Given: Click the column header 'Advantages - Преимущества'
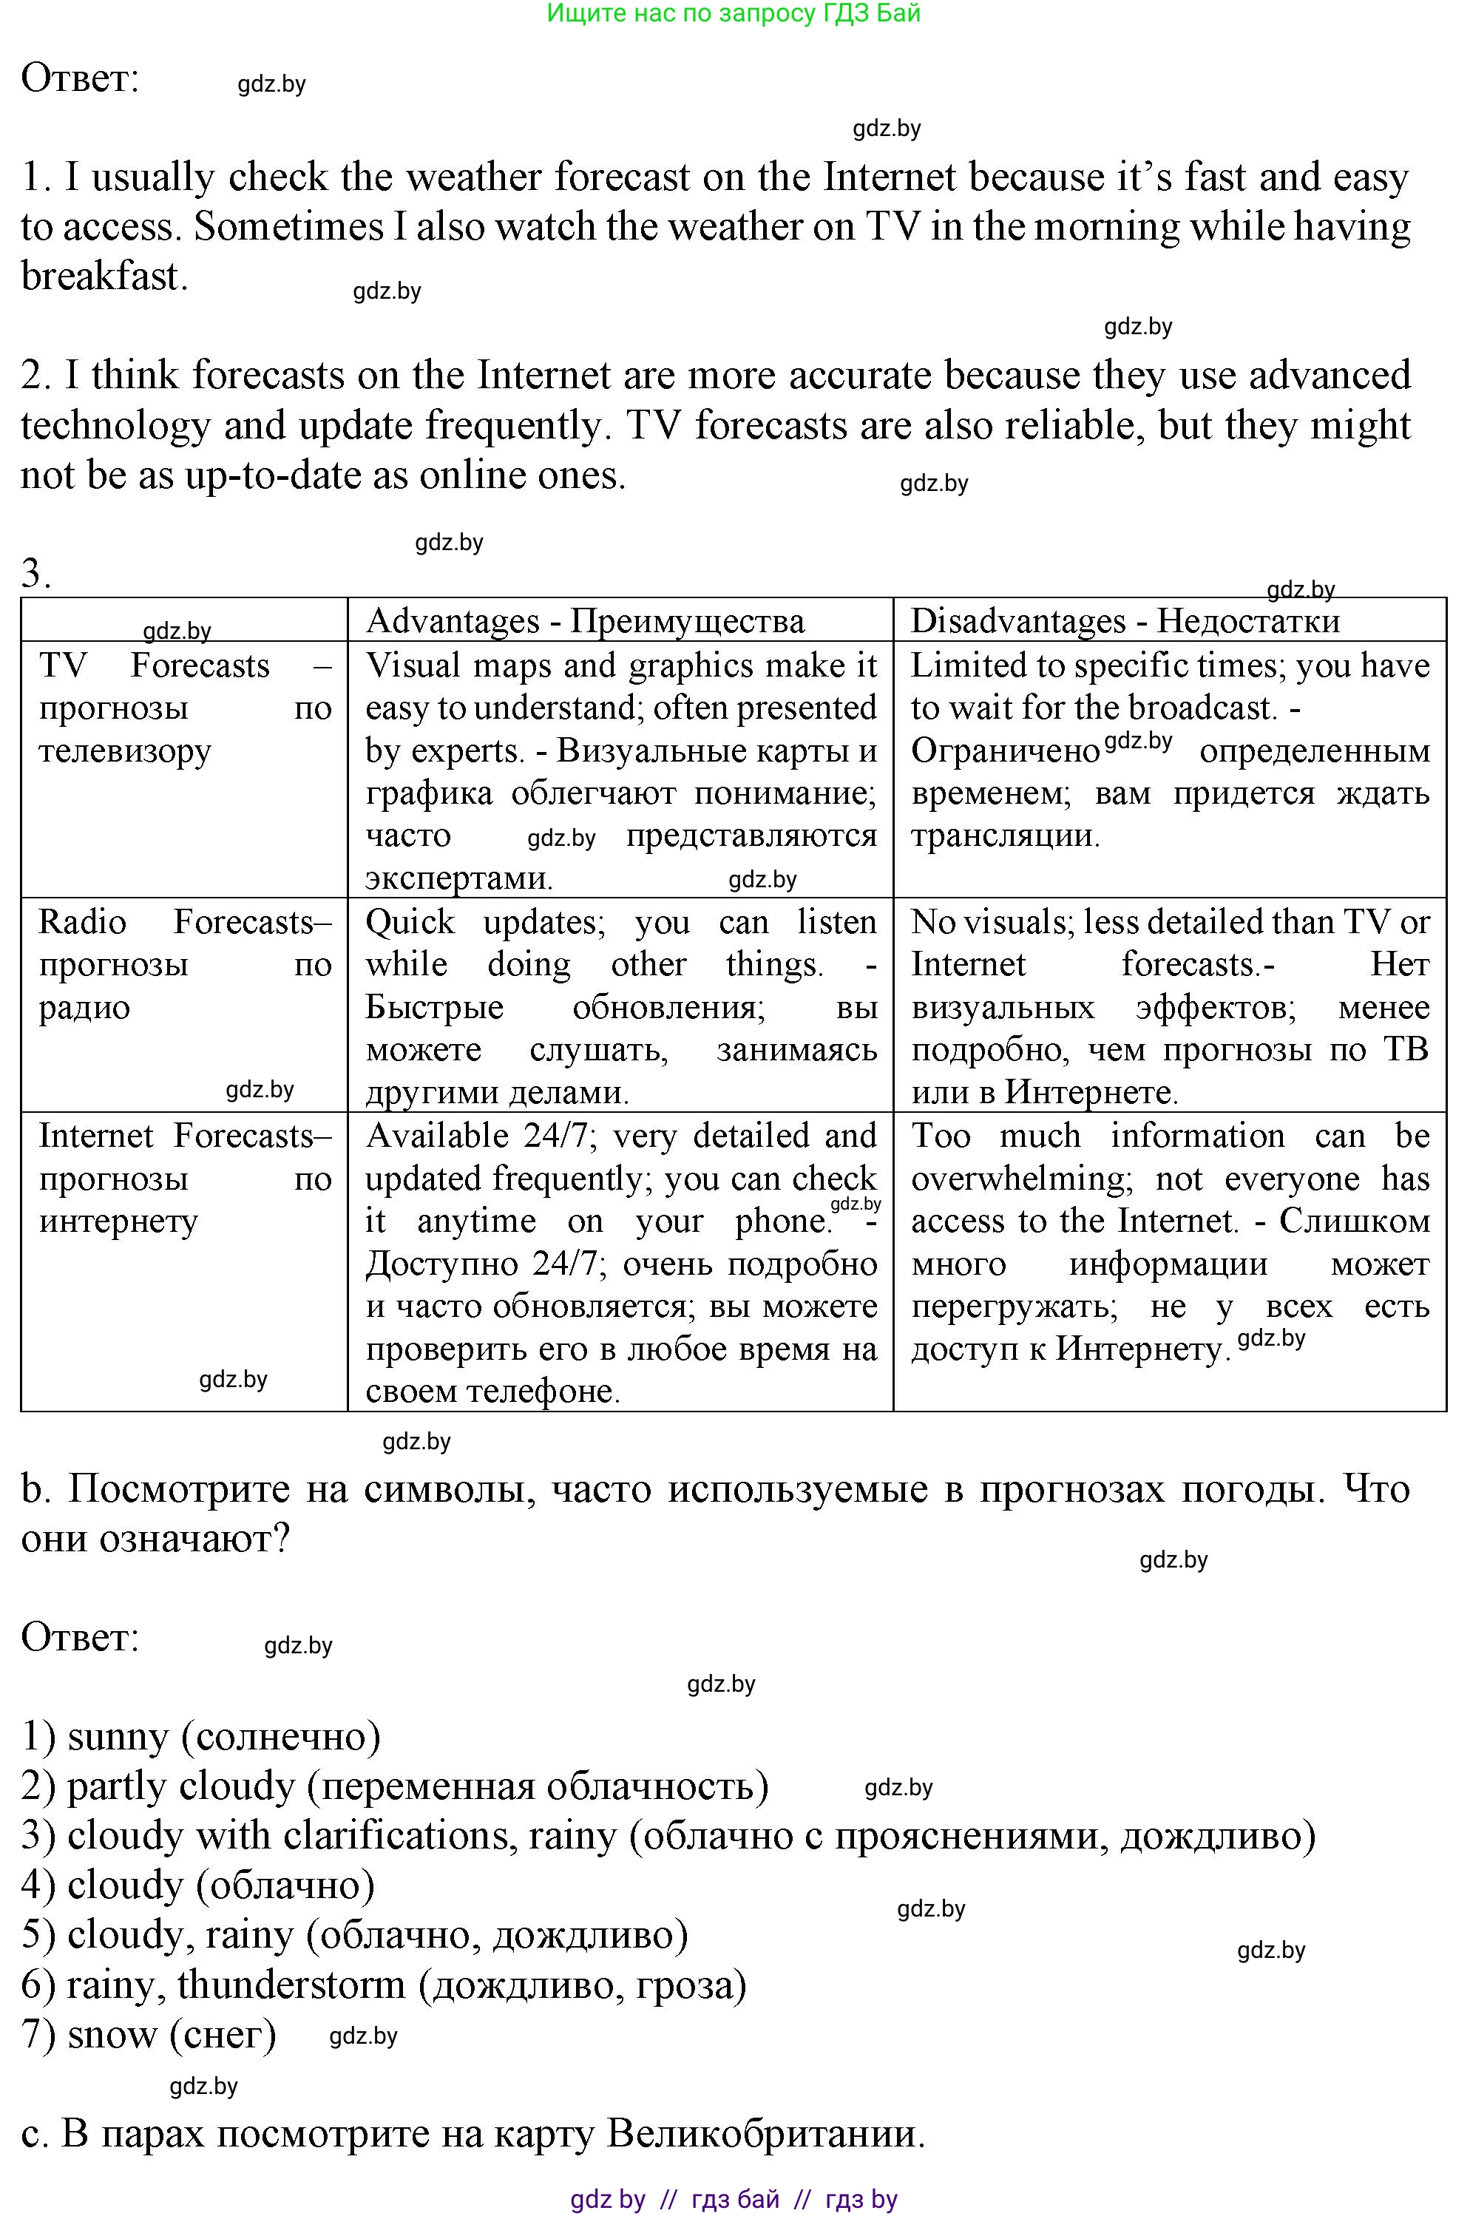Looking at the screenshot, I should coord(585,620).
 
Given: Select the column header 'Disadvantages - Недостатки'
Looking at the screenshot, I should coord(1125,620).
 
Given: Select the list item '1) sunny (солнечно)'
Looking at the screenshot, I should coord(200,1736).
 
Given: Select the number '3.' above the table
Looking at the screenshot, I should coord(35,574).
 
